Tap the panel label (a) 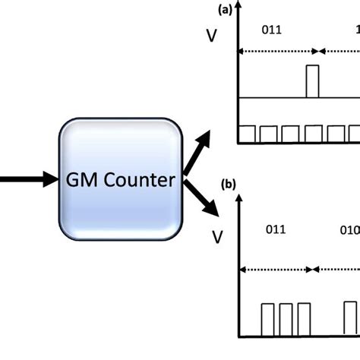(224, 10)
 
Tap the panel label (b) (227, 184)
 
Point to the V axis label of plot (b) (218, 238)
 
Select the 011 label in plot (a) (272, 31)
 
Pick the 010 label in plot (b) (349, 229)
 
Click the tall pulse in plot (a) (312, 81)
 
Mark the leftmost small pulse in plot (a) (248, 134)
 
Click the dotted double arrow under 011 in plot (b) (276, 269)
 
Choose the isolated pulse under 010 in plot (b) (349, 318)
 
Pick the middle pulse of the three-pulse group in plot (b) (286, 319)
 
